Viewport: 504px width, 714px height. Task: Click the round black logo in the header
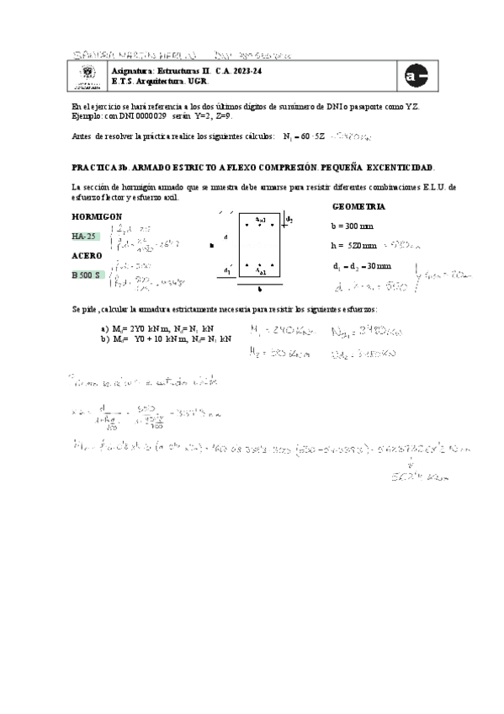click(x=416, y=75)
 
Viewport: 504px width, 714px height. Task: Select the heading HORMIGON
click(x=97, y=216)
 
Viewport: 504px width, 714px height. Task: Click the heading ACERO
click(x=86, y=255)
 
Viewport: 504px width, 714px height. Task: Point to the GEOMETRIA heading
click(x=359, y=206)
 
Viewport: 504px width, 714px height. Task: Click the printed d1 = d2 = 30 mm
click(x=362, y=266)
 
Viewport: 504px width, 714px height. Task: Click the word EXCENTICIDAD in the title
click(x=401, y=168)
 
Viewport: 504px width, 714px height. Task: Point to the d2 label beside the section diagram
click(x=289, y=220)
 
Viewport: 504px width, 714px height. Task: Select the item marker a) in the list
click(x=104, y=328)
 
